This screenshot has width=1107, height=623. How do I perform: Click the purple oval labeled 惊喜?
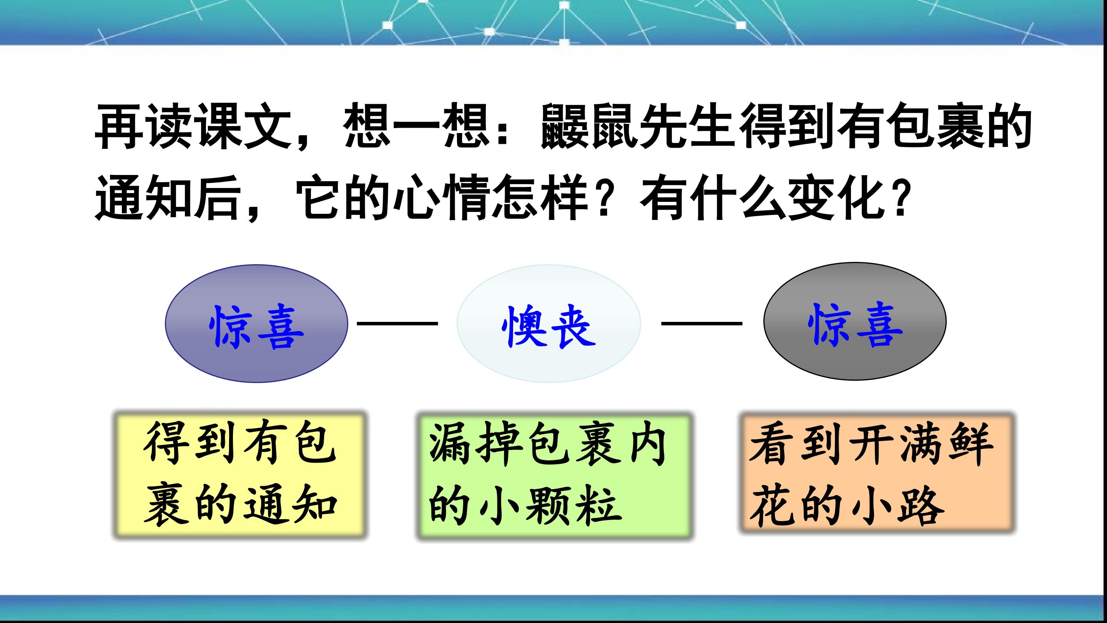click(x=256, y=323)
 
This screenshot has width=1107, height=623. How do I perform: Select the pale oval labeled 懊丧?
click(x=549, y=323)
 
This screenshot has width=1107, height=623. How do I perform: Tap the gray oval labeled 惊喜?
click(x=855, y=321)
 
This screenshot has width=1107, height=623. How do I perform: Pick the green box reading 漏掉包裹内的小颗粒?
click(x=554, y=476)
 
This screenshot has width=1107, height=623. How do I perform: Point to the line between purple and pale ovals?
click(x=397, y=323)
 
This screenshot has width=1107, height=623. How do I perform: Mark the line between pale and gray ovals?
click(x=701, y=323)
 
